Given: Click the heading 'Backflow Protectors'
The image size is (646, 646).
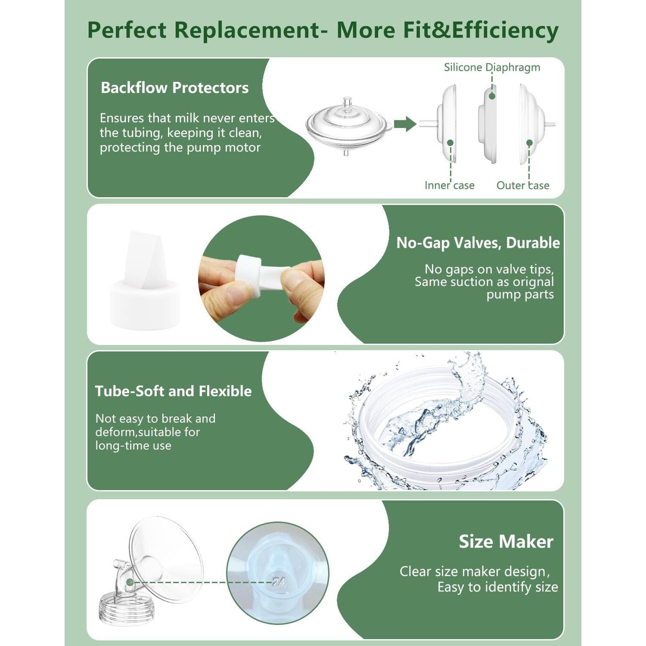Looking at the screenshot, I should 174,88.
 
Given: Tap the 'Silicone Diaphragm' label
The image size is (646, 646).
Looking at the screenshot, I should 492,68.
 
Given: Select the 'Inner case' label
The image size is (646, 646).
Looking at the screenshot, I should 449,185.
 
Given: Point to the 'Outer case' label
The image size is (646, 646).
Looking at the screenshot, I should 522,185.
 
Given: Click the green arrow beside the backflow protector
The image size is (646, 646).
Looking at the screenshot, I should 405,124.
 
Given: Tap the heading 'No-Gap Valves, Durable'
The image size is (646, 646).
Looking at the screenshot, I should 478,243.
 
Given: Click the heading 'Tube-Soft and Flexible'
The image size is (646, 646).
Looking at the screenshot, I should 173,391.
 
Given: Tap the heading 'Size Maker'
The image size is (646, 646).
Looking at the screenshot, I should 506,541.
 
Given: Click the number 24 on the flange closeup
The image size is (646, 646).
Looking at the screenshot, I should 279,582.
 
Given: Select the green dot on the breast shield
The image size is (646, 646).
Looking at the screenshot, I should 130,582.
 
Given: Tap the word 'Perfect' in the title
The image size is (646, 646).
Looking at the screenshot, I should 127,30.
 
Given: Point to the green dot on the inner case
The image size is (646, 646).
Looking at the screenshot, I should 450,143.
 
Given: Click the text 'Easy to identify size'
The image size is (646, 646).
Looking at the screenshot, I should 497,587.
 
